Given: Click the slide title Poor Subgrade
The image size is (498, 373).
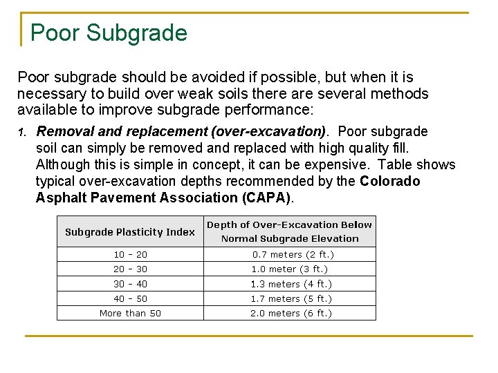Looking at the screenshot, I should pyautogui.click(x=109, y=33).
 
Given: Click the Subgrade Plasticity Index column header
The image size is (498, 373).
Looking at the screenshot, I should pyautogui.click(x=130, y=232).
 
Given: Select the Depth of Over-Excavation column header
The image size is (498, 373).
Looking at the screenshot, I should pyautogui.click(x=290, y=231).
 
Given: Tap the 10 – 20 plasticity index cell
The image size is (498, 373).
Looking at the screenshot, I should pyautogui.click(x=130, y=255).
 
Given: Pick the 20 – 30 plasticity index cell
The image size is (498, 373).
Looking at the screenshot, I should pyautogui.click(x=130, y=269).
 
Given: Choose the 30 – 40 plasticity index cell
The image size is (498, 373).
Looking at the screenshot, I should pyautogui.click(x=130, y=284).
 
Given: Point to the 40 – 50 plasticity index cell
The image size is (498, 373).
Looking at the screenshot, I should pyautogui.click(x=130, y=299).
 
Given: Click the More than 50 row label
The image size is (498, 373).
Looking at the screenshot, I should pyautogui.click(x=130, y=314).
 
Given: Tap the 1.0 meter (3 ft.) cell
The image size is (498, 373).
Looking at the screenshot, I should pyautogui.click(x=288, y=269).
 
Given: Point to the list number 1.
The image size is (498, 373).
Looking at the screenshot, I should pyautogui.click(x=22, y=132).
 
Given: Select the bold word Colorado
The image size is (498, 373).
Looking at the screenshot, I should pyautogui.click(x=390, y=181).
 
